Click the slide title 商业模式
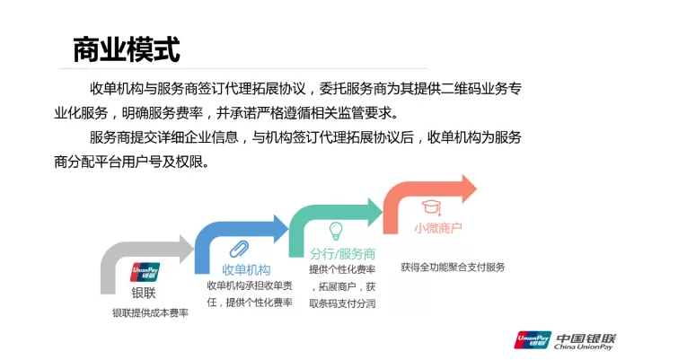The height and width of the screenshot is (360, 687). (x=127, y=49)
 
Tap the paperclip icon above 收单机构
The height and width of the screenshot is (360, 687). (x=239, y=250)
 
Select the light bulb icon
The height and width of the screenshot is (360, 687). (x=336, y=231)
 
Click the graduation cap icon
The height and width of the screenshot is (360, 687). (x=431, y=207)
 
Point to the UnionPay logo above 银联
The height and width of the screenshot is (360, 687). (x=145, y=272)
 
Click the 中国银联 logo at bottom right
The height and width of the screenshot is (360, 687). (x=565, y=340)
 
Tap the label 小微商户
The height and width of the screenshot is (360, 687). (x=437, y=228)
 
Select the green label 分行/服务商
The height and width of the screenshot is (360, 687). (x=343, y=253)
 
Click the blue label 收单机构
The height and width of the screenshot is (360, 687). (x=246, y=270)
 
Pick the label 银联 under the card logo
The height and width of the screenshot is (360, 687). (x=144, y=293)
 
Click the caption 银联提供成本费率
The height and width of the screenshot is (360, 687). (x=150, y=312)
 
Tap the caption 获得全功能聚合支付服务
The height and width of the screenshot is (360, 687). (x=453, y=268)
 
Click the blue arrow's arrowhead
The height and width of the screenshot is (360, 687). (x=281, y=229)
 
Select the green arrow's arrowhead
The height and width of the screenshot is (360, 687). (x=375, y=212)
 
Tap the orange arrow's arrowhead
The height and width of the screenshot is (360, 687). (x=470, y=189)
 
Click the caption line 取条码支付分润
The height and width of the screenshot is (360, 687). (x=343, y=303)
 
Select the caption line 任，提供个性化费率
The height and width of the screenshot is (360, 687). (x=250, y=303)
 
